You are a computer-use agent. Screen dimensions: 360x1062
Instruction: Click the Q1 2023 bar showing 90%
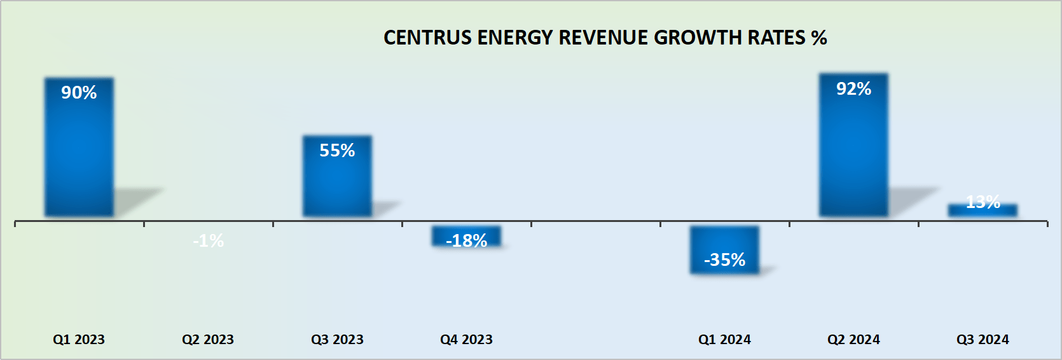point(79,153)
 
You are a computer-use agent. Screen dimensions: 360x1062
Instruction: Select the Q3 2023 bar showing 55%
point(337,181)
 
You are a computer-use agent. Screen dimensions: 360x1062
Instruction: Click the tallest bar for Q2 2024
point(853,153)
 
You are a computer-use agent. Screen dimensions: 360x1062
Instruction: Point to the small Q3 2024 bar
point(983,211)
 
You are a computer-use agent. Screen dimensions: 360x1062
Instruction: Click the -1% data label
point(208,241)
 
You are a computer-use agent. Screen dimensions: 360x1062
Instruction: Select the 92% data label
point(853,89)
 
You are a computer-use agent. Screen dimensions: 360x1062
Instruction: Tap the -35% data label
point(724,260)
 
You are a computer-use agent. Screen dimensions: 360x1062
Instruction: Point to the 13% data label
point(983,202)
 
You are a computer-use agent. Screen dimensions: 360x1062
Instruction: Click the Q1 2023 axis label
point(79,340)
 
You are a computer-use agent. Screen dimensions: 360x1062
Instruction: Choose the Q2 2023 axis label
point(208,340)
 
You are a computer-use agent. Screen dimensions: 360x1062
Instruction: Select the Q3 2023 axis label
point(337,340)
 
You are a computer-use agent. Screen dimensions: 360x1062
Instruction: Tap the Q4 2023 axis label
point(466,340)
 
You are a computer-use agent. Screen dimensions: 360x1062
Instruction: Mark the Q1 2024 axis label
point(724,340)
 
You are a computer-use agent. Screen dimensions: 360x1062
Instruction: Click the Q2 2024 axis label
point(853,340)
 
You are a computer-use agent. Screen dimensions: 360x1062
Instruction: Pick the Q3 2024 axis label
point(983,340)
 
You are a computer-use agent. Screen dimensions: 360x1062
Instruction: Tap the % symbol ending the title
point(819,38)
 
